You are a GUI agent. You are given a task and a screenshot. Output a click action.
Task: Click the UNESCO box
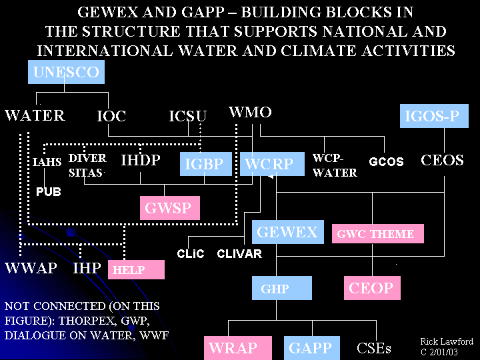coord(65,72)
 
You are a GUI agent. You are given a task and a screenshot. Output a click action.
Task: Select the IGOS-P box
coord(432,117)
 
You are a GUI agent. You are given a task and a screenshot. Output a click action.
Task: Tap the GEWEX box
coord(287,233)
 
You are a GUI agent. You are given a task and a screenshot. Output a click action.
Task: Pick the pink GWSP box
coord(169,208)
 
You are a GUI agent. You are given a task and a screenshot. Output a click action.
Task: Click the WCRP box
coord(269,164)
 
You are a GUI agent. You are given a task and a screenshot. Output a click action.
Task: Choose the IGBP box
coord(203,164)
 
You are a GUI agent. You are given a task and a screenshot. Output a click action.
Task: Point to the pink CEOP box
coord(371,289)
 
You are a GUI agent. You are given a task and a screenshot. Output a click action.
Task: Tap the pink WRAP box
coord(230,348)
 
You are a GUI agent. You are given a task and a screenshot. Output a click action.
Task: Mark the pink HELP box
coord(135,269)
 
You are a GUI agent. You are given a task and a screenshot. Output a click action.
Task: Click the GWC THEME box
coord(377,234)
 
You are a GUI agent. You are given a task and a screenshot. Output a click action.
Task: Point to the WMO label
coord(250,112)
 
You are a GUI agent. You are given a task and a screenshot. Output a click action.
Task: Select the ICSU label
coord(187,116)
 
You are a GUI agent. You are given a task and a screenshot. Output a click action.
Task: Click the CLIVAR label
coord(239,254)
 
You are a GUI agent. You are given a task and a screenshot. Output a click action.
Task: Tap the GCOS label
coord(386,162)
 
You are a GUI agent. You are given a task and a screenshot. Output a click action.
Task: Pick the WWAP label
coord(31,269)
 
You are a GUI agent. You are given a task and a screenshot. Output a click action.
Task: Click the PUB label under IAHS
coord(48,191)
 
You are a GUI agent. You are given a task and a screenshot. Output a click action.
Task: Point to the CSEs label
coord(374,348)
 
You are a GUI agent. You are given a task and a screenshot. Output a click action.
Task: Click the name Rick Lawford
coord(447,341)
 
